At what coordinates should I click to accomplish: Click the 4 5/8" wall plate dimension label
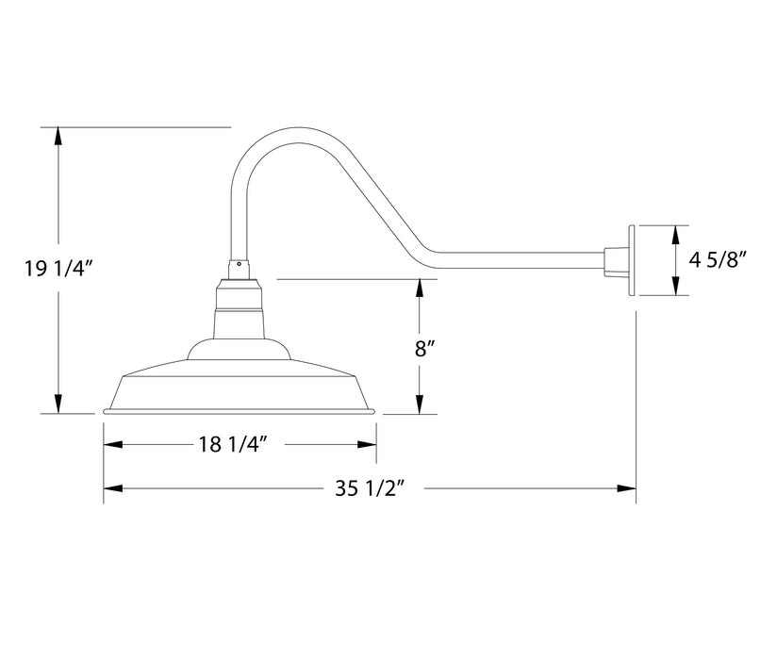719,261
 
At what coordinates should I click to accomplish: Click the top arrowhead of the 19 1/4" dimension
58,135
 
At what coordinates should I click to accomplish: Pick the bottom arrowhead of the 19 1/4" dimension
58,405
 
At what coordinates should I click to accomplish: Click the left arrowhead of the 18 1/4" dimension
112,445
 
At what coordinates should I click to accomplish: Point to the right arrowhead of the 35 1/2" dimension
627,488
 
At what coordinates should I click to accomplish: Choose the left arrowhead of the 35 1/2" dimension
112,488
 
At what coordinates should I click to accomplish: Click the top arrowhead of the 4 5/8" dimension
675,234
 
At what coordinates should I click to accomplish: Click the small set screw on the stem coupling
239,265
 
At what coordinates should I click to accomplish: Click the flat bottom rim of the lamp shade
240,411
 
